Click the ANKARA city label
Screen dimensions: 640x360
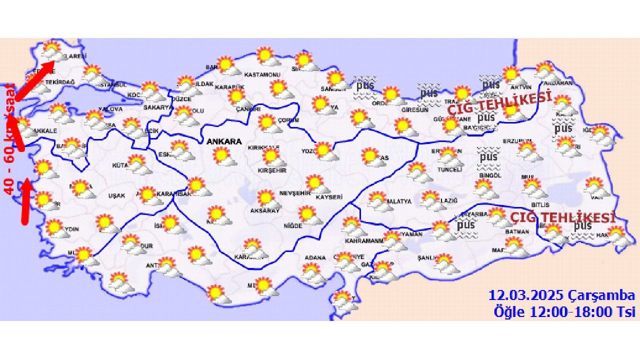click(224, 141)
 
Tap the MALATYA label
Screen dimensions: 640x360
click(398, 201)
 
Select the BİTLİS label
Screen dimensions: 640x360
click(540, 205)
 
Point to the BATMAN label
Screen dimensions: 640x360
click(517, 232)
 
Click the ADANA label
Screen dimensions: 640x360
click(315, 258)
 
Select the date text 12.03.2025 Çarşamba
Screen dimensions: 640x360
click(562, 295)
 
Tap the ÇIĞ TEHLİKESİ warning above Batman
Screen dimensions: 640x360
click(562, 218)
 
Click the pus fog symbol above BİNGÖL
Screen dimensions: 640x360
click(487, 157)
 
